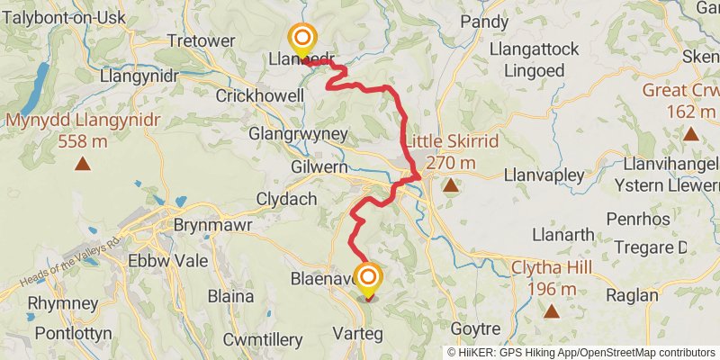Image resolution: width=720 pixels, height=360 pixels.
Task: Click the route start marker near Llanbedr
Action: (302, 38)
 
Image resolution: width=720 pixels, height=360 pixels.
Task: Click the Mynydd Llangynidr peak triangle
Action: (83, 164)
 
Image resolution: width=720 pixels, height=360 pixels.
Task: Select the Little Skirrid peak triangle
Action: (449, 186)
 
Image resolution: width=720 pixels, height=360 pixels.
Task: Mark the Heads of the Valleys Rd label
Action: (69, 265)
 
